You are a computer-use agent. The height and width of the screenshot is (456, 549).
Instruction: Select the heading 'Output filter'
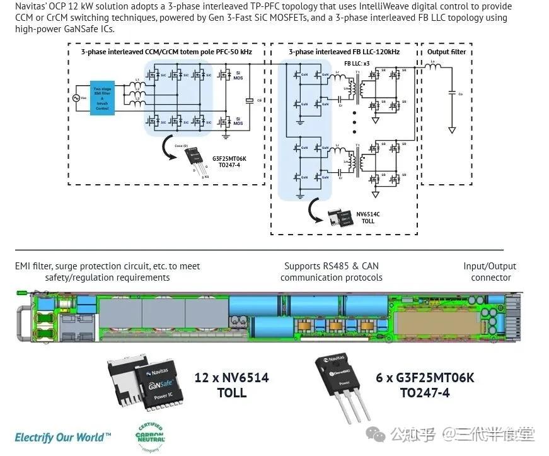point(446,52)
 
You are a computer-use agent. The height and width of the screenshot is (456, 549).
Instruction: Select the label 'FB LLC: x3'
point(356,64)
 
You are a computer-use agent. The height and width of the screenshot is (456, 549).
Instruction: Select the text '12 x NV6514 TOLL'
point(231,385)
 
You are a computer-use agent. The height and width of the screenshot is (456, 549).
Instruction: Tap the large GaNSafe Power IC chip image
point(146,384)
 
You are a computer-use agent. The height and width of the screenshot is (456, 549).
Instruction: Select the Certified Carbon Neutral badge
point(149,438)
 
